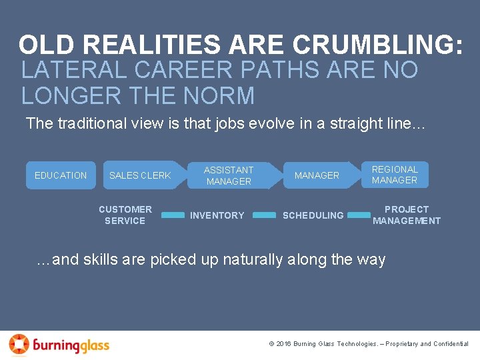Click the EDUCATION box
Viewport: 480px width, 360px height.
[x=61, y=175]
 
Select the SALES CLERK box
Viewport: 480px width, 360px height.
[x=140, y=175]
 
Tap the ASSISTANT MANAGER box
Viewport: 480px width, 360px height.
[x=229, y=175]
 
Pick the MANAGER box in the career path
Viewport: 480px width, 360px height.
[x=317, y=175]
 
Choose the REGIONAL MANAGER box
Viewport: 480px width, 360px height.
[x=395, y=175]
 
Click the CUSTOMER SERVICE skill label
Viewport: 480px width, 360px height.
[x=125, y=215]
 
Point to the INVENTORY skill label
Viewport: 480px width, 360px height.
[x=217, y=215]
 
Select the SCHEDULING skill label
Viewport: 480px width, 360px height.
[x=313, y=215]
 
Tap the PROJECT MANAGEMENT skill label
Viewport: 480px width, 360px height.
[x=407, y=215]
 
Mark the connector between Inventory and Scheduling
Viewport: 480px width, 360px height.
[x=265, y=215]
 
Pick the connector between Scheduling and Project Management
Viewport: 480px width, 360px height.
[x=359, y=215]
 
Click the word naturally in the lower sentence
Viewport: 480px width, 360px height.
[x=251, y=259]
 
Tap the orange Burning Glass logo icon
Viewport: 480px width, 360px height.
[x=19, y=344]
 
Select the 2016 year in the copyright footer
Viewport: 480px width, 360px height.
[x=285, y=344]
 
